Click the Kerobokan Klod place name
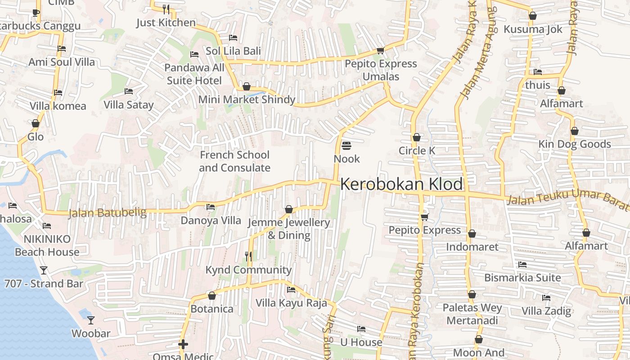(401, 184)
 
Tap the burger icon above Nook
(346, 146)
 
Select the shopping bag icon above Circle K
(417, 137)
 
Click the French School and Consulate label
(234, 161)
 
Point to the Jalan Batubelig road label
(108, 213)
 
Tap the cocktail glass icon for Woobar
(91, 320)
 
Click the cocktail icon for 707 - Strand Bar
(44, 270)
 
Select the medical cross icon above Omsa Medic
(183, 345)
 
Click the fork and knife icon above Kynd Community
(248, 256)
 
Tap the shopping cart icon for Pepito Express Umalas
(380, 50)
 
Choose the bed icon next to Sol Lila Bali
(233, 38)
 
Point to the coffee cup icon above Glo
(36, 123)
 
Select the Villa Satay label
(129, 105)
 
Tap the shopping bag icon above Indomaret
(472, 234)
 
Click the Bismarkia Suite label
(522, 278)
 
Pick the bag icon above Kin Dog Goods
(575, 131)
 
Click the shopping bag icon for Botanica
(212, 296)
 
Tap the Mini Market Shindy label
(247, 99)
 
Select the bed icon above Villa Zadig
(546, 298)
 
